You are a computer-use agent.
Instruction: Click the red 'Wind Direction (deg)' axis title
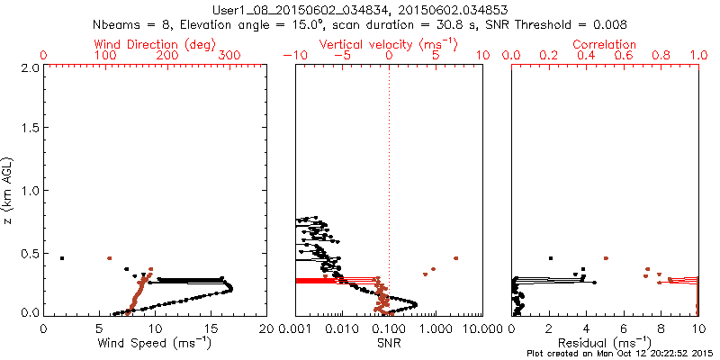tap(155, 44)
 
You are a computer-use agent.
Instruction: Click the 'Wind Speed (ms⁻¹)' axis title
tap(155, 342)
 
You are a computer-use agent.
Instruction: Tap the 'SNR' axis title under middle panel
tap(390, 342)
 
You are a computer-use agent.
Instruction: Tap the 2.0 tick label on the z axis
tap(30, 67)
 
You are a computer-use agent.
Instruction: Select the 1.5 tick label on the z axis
tap(30, 129)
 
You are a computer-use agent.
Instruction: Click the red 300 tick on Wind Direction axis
tap(229, 56)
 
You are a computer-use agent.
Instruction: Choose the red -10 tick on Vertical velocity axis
tap(292, 56)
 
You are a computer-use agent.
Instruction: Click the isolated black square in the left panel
tap(62, 258)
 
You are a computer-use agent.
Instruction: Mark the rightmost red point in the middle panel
tap(456, 258)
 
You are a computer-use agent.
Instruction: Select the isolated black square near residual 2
tap(549, 257)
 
